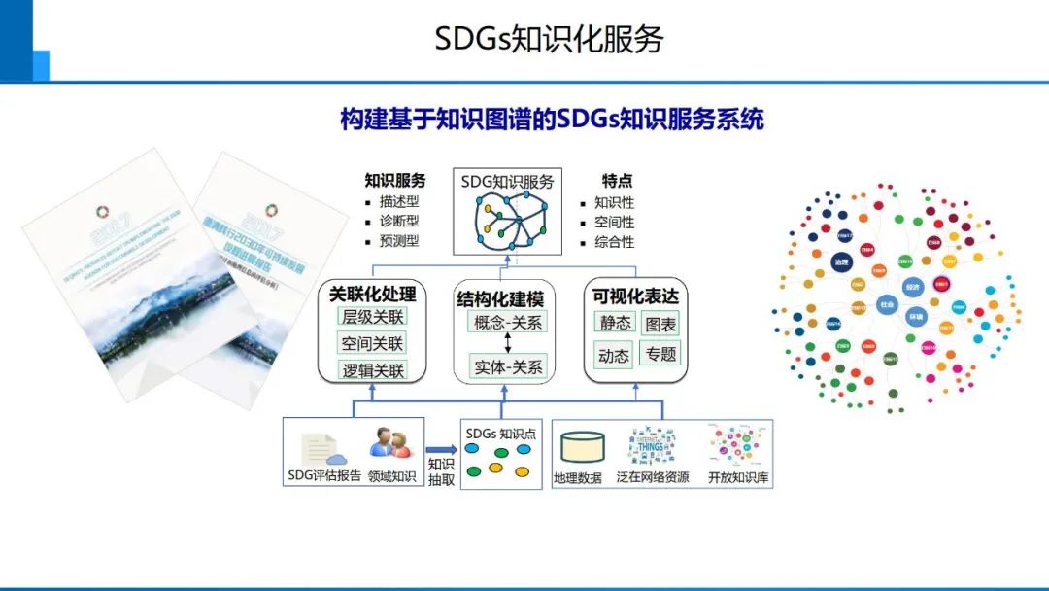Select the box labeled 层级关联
click(372, 317)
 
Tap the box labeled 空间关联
click(372, 343)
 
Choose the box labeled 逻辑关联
click(372, 370)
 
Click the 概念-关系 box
click(508, 323)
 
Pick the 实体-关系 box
click(508, 366)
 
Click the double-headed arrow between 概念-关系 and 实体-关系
click(508, 344)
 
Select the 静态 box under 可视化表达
click(614, 323)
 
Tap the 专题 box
click(660, 354)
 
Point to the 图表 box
click(660, 323)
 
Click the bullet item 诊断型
click(399, 221)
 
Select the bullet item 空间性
click(614, 223)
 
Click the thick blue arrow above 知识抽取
click(440, 449)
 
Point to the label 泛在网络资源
click(653, 477)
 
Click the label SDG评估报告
click(324, 476)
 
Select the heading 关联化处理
click(372, 294)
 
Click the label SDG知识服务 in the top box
click(508, 182)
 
